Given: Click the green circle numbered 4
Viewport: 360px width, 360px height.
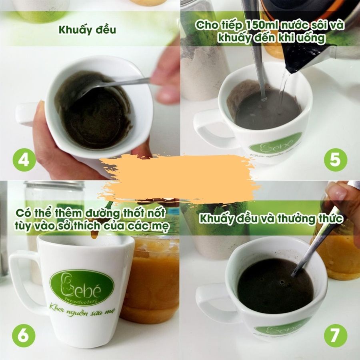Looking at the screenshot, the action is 24,160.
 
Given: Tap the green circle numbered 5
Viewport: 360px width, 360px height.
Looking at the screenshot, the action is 336,160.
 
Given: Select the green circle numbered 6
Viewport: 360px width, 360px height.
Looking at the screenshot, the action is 24,336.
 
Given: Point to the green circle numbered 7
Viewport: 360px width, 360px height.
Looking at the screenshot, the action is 336,336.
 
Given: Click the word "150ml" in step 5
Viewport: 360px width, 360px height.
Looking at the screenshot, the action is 262,25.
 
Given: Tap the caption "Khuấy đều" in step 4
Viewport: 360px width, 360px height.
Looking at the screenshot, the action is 87,30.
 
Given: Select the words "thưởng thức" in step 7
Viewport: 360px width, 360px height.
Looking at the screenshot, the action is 310,218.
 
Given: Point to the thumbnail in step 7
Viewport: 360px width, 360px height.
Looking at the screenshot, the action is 337,193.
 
